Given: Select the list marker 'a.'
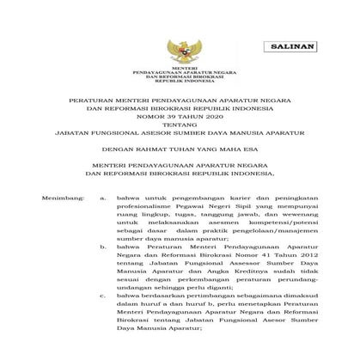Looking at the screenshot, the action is pos(103,198).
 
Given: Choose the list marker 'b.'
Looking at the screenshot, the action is pos(103,246).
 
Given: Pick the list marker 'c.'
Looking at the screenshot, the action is pos(103,294).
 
